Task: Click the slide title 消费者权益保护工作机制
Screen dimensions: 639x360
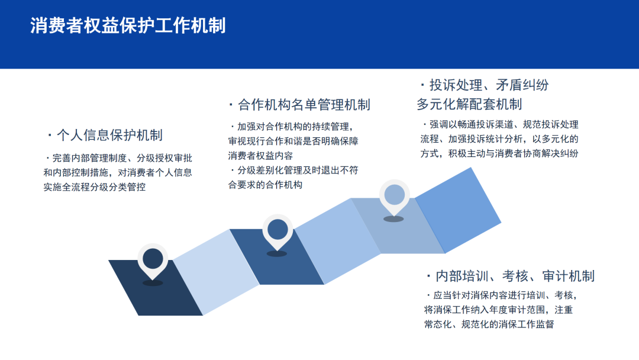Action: [x=128, y=25]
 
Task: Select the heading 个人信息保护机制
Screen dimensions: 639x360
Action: [x=109, y=135]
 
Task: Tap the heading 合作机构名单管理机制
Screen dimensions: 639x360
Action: [x=304, y=105]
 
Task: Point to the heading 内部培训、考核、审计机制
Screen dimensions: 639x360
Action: [x=515, y=276]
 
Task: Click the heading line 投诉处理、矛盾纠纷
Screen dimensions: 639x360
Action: [x=489, y=85]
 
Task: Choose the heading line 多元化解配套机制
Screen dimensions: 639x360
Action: [x=469, y=104]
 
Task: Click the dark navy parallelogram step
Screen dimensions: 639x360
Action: [x=155, y=288]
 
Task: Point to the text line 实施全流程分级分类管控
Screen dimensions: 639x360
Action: [x=95, y=187]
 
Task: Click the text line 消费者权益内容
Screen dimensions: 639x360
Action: [x=260, y=156]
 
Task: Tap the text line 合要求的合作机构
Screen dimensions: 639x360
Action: [x=265, y=185]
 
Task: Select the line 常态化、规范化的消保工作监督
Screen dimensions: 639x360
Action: [x=489, y=324]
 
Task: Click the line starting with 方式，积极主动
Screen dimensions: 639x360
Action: [x=499, y=154]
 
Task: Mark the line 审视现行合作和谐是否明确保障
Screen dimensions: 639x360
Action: [x=293, y=142]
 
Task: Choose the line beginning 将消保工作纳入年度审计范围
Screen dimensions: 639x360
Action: [x=498, y=310]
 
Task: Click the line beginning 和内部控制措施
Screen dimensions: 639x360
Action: [x=118, y=172]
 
